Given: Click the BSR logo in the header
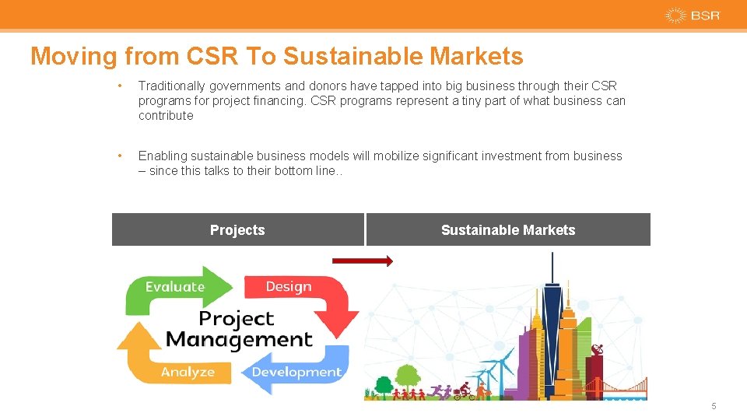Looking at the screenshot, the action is (x=693, y=16).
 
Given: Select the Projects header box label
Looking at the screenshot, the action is (x=237, y=230).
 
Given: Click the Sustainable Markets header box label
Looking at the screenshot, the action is (x=508, y=230).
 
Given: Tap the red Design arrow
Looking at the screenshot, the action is (x=300, y=292).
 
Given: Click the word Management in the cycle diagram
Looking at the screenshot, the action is (x=239, y=340).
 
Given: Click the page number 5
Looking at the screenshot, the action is (x=714, y=406).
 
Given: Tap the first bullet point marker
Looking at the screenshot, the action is (x=119, y=86).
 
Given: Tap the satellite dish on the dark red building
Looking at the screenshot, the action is (x=598, y=349).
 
